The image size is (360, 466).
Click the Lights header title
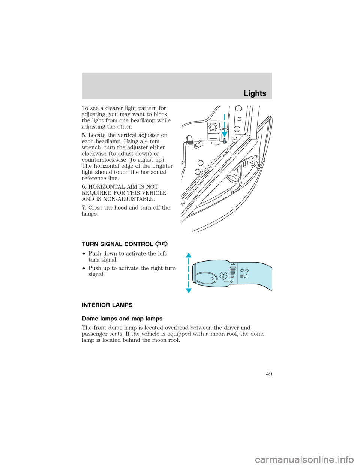coord(255,93)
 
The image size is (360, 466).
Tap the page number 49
coord(268,374)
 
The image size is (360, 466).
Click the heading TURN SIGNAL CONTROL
coord(117,244)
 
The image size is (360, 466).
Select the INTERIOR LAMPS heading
coord(107,305)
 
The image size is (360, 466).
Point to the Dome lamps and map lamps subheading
coord(122,319)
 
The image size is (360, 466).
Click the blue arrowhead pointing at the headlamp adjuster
coord(224,132)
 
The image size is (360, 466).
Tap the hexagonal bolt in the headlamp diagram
coord(213,127)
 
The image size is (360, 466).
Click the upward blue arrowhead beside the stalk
coord(188,256)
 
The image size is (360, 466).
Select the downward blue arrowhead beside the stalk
coord(188,290)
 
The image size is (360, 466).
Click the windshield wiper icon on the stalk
coord(223,277)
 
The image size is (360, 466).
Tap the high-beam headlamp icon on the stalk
coord(244,276)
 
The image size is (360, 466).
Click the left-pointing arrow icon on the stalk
coord(242,270)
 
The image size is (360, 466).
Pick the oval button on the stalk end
coord(206,278)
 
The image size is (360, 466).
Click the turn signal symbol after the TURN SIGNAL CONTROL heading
coord(162,244)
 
